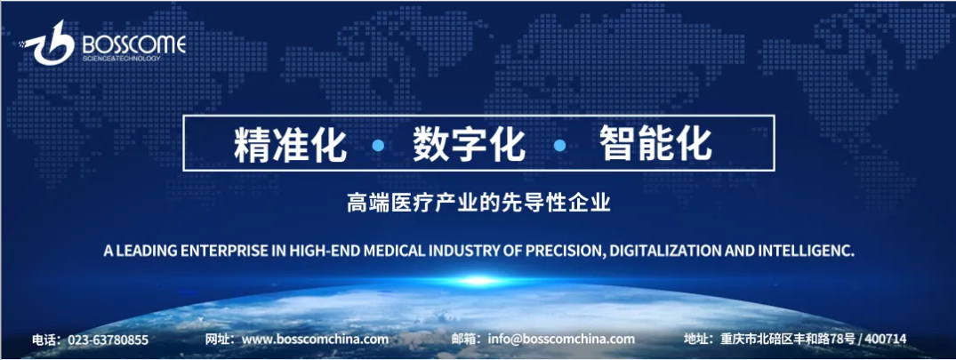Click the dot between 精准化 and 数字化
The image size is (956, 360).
[379, 145]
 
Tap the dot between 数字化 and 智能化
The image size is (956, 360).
[560, 145]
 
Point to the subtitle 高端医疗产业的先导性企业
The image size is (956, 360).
[478, 204]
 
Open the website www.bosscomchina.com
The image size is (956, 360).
[315, 340]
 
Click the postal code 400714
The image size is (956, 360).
[886, 340]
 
